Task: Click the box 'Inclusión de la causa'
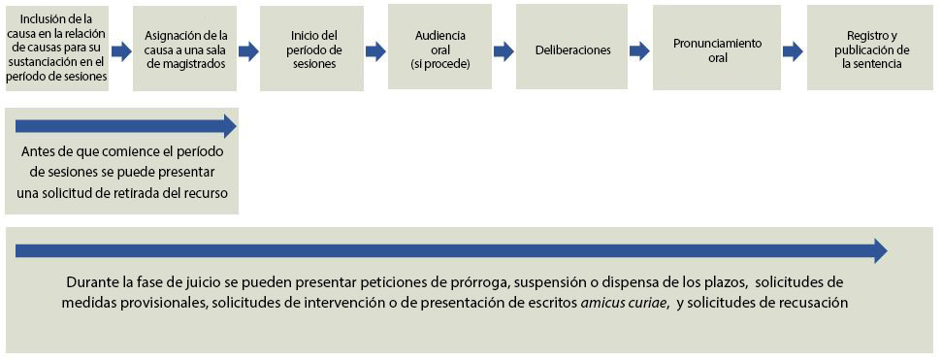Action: click(x=57, y=49)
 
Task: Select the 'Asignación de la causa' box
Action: click(x=185, y=49)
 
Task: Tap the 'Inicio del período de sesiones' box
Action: click(x=311, y=49)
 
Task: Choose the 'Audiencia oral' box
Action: click(x=439, y=48)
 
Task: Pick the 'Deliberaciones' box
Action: click(x=572, y=48)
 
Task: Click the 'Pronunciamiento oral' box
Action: click(x=717, y=48)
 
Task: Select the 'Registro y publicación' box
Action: click(x=870, y=48)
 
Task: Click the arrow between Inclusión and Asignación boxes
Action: click(x=121, y=51)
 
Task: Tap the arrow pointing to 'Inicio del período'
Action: click(x=248, y=51)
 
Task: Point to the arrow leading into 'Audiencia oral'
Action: click(x=375, y=51)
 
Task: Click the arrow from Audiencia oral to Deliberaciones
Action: click(x=503, y=51)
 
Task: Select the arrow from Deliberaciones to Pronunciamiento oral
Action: click(x=640, y=51)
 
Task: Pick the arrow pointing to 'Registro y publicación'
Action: click(x=793, y=51)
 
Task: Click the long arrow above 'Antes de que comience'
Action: click(x=126, y=126)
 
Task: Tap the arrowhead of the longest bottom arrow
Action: click(x=881, y=250)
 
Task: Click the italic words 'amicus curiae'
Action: click(x=624, y=303)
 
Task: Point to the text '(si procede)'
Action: click(x=439, y=64)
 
